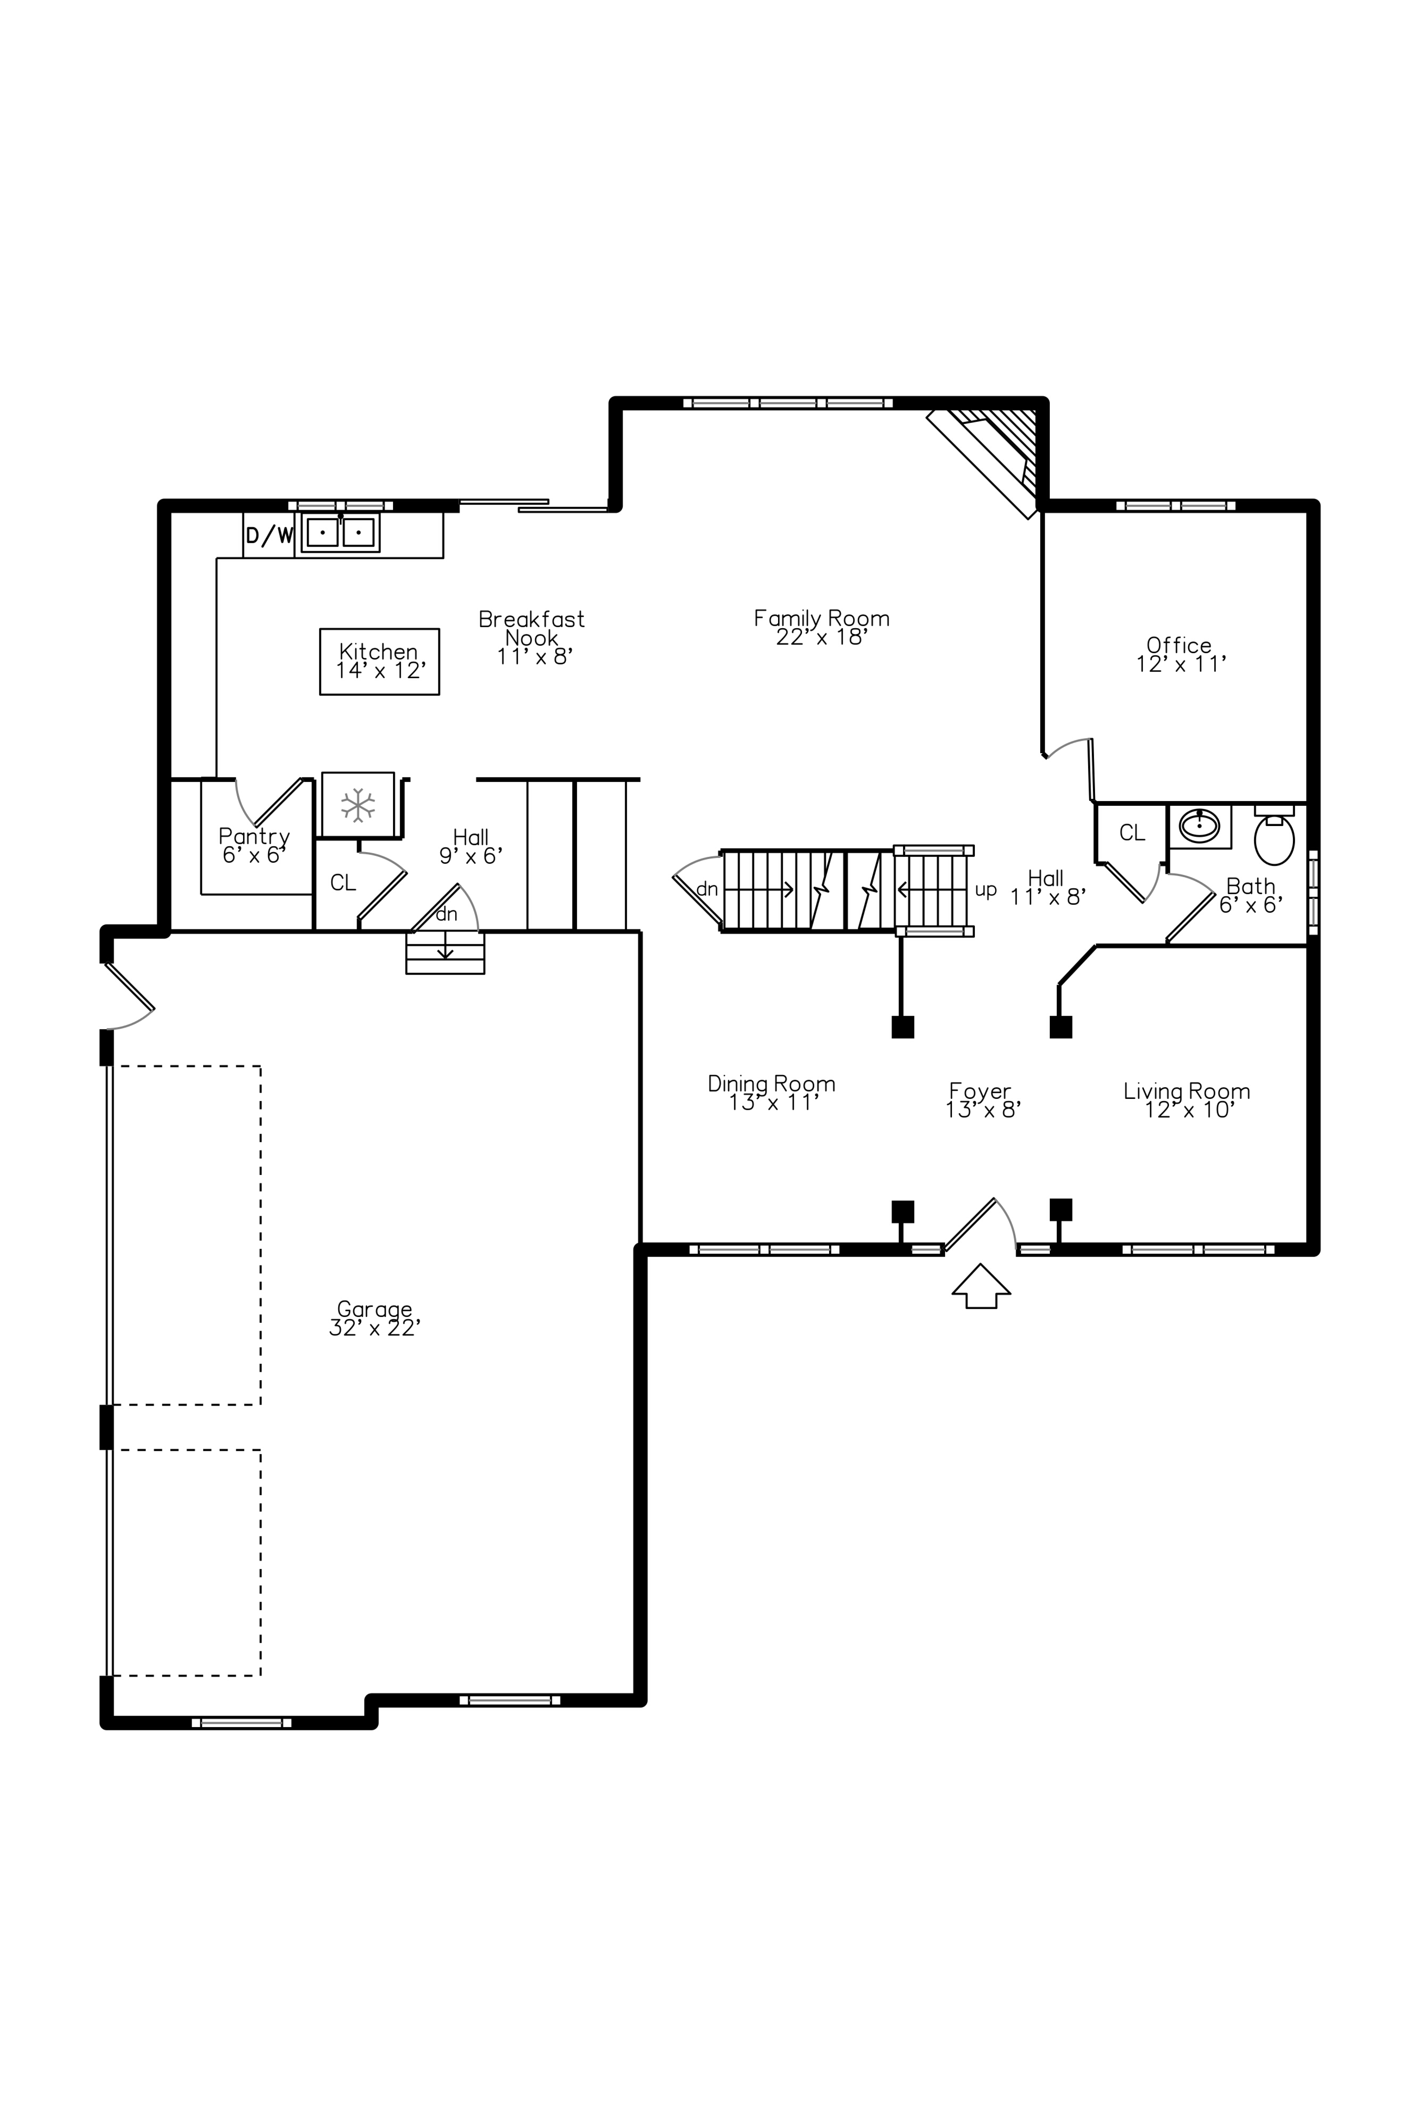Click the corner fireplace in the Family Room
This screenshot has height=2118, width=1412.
pos(995,455)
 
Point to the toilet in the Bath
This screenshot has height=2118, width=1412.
pos(1273,837)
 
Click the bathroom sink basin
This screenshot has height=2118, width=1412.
pos(1199,825)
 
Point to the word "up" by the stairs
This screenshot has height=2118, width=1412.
pos(986,890)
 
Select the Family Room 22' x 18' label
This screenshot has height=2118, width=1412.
pos(821,628)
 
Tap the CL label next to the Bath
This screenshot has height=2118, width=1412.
pos(1132,833)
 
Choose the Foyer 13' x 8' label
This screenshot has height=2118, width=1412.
pos(981,1100)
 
